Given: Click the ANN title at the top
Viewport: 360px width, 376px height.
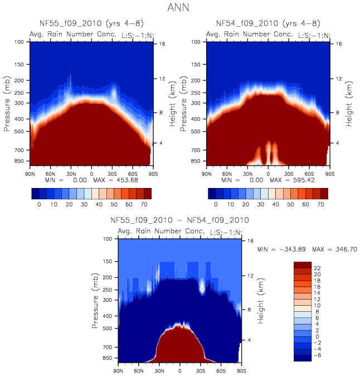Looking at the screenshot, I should [180, 8].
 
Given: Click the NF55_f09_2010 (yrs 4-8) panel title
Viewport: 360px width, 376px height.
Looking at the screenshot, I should [92, 23].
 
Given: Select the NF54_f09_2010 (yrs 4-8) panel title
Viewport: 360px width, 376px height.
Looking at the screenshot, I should [268, 23].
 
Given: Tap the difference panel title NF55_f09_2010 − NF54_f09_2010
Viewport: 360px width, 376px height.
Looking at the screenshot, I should [179, 220].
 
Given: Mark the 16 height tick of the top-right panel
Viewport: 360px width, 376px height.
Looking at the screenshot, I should [337, 43].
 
